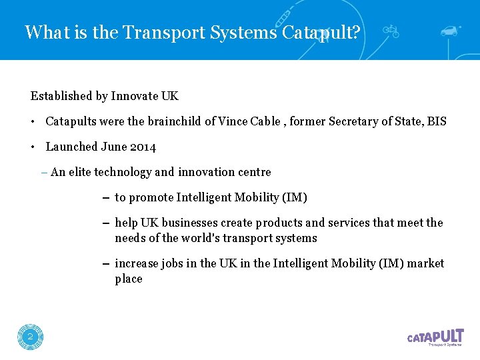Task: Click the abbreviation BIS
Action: coord(437,121)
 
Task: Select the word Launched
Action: coord(71,147)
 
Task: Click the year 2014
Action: coord(143,147)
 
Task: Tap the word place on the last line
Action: coord(129,279)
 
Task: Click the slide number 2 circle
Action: coord(30,337)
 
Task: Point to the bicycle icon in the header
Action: coord(391,30)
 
